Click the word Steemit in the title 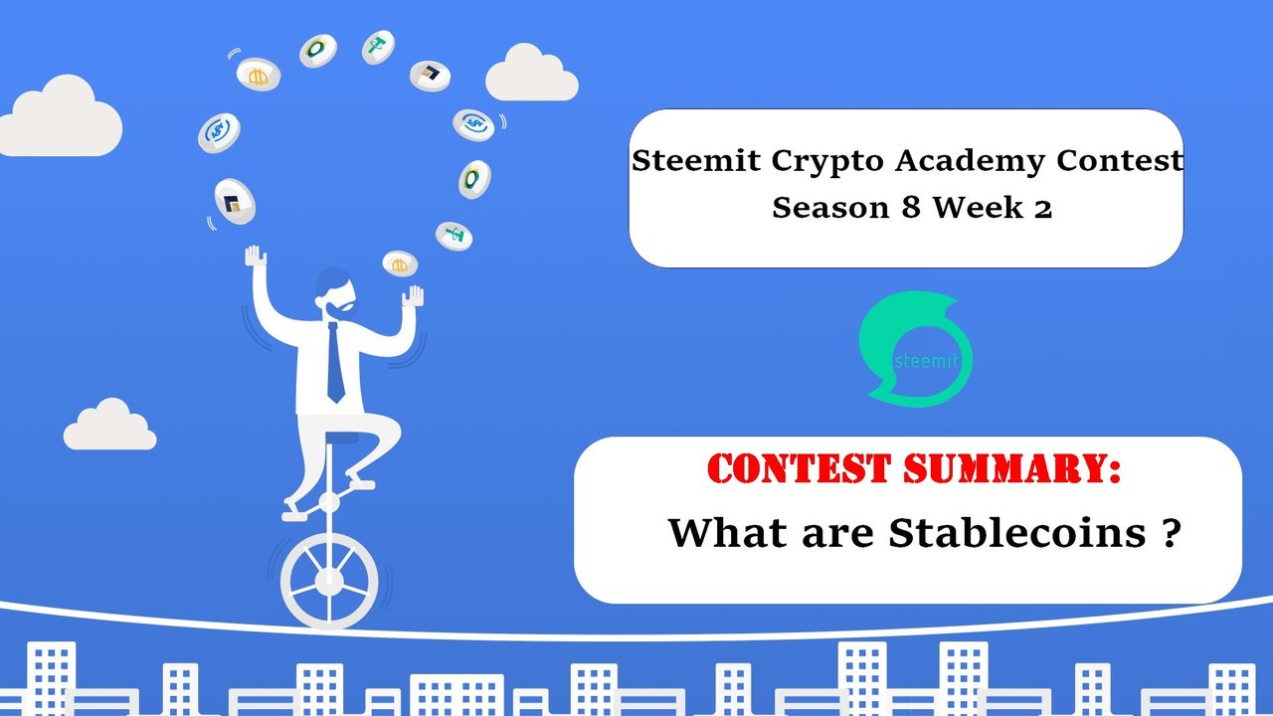tap(695, 160)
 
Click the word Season tap(830, 208)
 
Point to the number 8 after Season tap(910, 208)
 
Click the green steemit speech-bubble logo tap(915, 348)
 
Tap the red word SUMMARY tap(1011, 468)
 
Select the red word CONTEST tap(799, 468)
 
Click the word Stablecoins tap(1017, 532)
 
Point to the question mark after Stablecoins tap(1172, 532)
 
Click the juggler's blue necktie tap(335, 363)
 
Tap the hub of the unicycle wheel tap(329, 581)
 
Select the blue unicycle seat tap(341, 439)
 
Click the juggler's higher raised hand tap(256, 257)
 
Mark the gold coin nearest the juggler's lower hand tap(400, 265)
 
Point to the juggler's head tap(335, 292)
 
